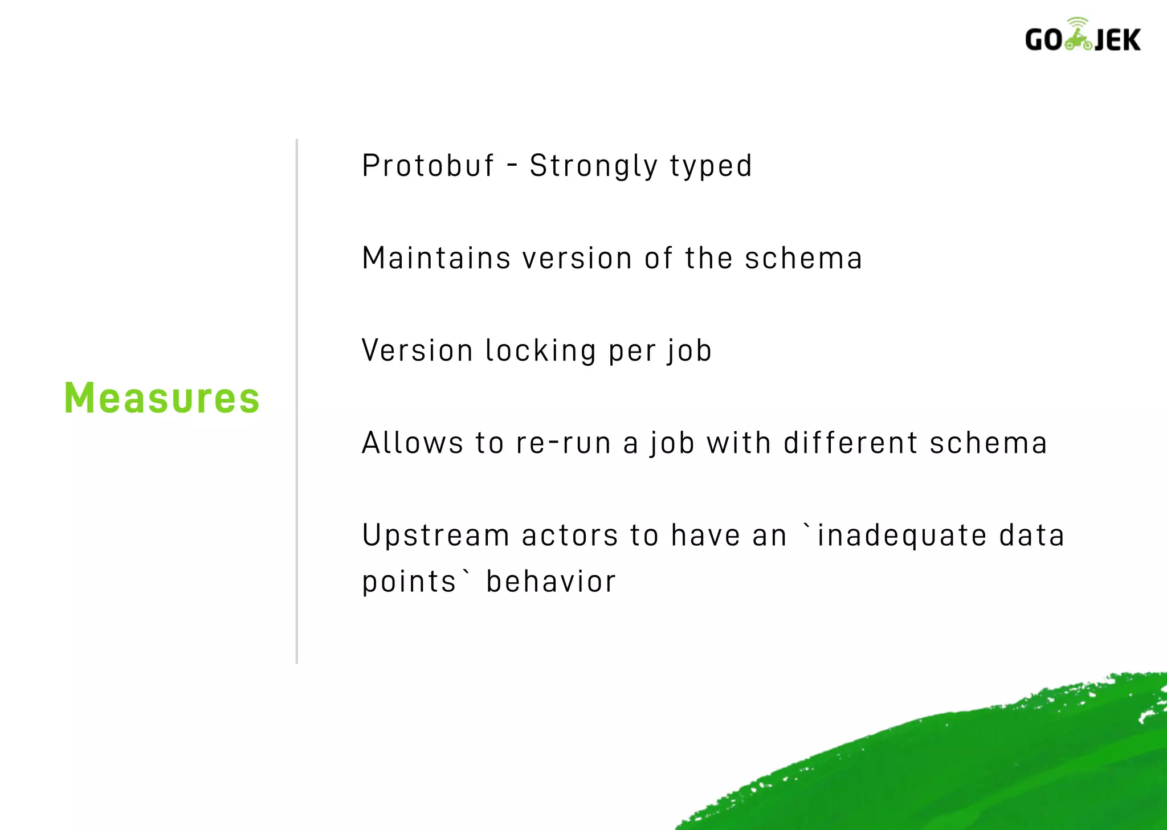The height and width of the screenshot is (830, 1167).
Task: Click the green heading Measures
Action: (162, 398)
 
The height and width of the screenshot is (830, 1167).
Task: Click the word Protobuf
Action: (428, 166)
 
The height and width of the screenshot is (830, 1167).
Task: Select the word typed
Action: (711, 167)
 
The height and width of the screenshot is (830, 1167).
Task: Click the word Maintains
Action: (436, 258)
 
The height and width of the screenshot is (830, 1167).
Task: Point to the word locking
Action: (540, 351)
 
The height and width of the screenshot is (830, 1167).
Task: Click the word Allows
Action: (413, 443)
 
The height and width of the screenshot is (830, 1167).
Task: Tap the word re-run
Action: (563, 443)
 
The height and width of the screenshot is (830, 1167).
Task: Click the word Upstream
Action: (435, 536)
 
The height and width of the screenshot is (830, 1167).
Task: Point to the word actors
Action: (569, 535)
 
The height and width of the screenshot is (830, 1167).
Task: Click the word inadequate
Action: (901, 536)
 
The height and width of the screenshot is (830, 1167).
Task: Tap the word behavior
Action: (550, 582)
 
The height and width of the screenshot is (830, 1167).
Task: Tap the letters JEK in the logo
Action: (1117, 40)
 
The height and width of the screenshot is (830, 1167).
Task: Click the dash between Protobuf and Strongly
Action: (512, 166)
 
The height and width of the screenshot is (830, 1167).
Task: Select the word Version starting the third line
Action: (417, 350)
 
